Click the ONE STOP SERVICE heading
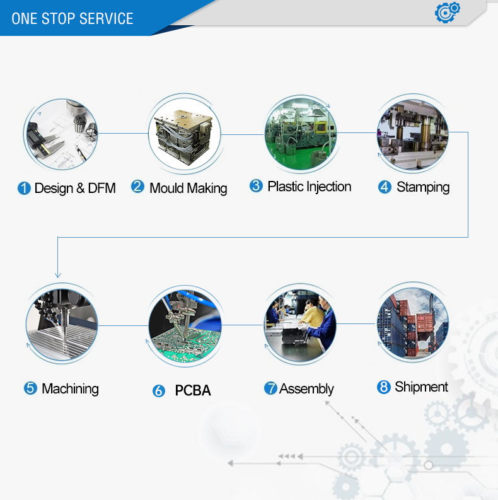tap(72, 18)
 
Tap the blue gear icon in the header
tap(448, 12)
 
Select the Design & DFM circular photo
tap(61, 134)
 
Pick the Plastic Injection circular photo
tap(300, 133)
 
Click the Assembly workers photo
tap(300, 325)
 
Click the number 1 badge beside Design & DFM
tap(24, 189)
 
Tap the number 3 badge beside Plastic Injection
tap(256, 186)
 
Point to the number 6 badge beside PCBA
tap(159, 391)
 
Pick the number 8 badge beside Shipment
tap(384, 387)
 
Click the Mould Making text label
tap(188, 188)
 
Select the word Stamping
tap(423, 187)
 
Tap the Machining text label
tap(70, 388)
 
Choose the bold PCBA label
tap(193, 391)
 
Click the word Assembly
tap(306, 388)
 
